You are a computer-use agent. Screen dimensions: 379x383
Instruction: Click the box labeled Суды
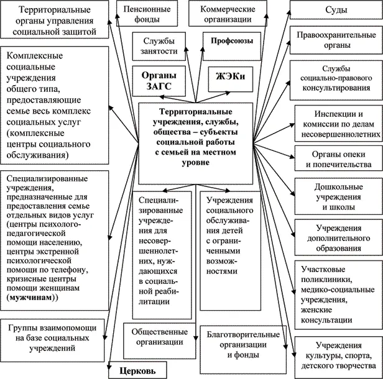(338, 11)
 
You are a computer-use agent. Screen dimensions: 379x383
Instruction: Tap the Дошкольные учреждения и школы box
(338, 193)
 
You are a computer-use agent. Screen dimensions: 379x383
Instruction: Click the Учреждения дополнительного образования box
(338, 234)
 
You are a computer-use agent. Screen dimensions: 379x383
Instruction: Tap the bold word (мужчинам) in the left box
(30, 298)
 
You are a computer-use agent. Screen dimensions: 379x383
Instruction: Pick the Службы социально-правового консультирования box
(338, 79)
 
